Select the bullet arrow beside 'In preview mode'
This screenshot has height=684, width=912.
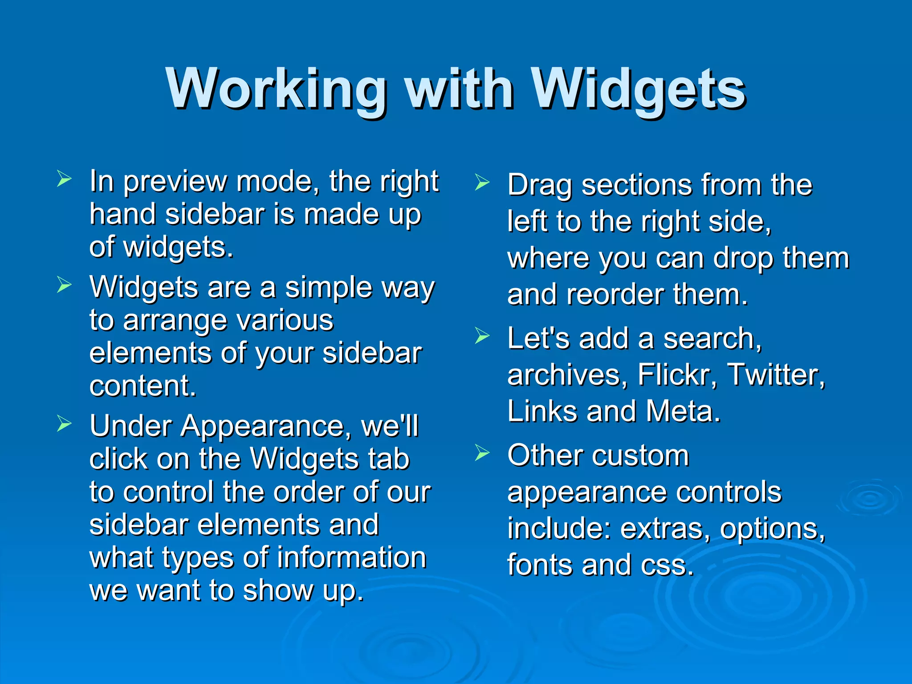pyautogui.click(x=64, y=179)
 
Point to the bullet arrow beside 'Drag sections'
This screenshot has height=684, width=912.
pyautogui.click(x=482, y=183)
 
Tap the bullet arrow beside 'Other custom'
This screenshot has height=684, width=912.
pyautogui.click(x=482, y=453)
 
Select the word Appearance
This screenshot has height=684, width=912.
pyautogui.click(x=261, y=426)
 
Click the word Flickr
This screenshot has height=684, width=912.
pyautogui.click(x=677, y=375)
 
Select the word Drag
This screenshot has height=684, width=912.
pyautogui.click(x=539, y=185)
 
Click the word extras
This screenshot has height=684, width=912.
pyautogui.click(x=665, y=529)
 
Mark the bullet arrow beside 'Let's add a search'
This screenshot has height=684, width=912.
pyautogui.click(x=482, y=336)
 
